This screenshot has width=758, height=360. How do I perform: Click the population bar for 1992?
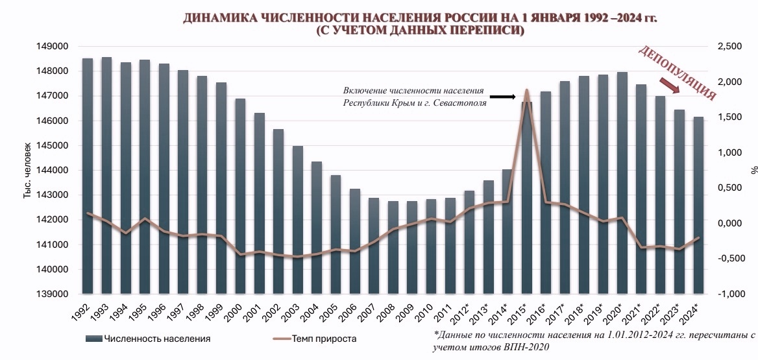[88, 175]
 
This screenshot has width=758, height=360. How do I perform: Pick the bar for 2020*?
[622, 182]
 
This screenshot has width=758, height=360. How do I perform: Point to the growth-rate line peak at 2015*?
[526, 90]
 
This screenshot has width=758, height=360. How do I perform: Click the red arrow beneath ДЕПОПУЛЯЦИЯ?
[670, 86]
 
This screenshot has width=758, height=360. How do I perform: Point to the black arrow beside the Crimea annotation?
[502, 97]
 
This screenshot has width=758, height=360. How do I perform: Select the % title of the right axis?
[754, 170]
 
